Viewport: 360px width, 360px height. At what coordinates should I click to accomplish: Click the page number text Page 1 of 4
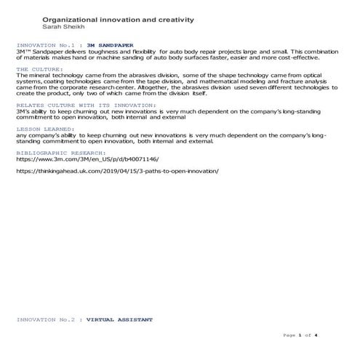coord(299,335)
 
